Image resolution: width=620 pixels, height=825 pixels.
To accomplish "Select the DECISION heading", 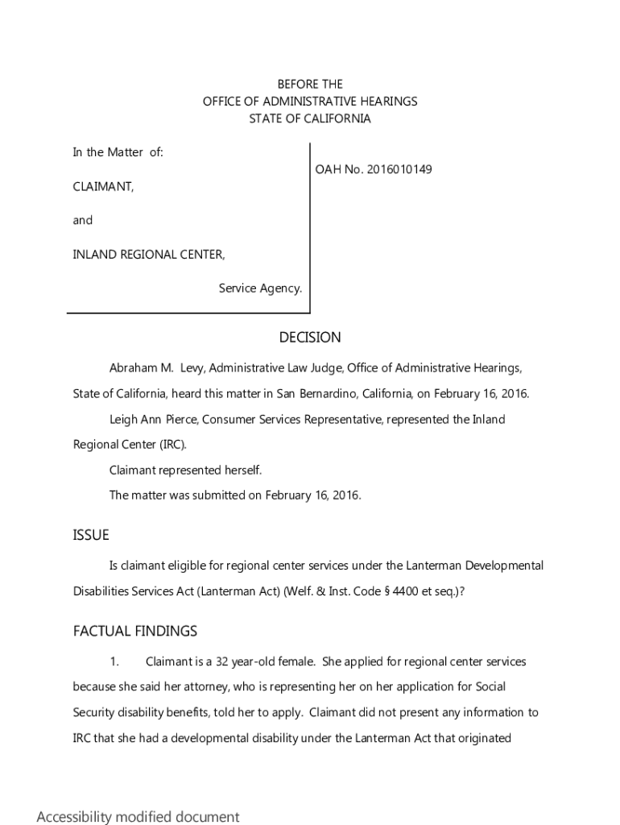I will pos(310,337).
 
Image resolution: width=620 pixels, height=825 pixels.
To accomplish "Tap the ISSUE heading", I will pos(91,535).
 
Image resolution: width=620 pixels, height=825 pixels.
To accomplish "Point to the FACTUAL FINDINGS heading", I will pos(135,631).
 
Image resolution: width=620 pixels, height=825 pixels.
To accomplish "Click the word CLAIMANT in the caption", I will pos(103,186).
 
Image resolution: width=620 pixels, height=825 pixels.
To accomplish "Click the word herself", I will pos(241,470).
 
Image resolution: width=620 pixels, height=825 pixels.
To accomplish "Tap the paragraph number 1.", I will pos(114,661).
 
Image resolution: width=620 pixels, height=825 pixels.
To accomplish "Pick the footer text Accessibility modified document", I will pos(138,817).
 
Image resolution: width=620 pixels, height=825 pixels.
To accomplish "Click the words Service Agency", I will pos(260,288).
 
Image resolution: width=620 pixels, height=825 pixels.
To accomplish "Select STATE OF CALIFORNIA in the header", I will pos(310,118).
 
